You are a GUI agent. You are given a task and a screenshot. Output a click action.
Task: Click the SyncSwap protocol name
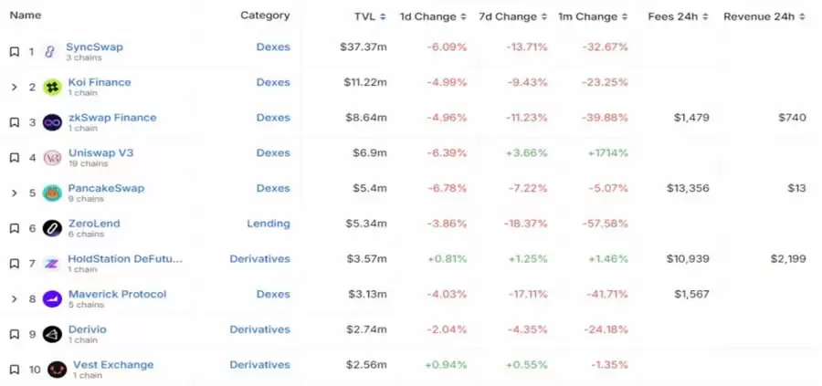[x=94, y=47]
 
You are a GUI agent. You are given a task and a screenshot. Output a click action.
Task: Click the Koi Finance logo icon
[x=52, y=87]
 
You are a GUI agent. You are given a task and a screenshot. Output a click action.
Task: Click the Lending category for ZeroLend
[x=268, y=224]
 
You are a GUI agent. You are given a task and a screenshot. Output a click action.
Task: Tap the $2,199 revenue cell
[x=786, y=259]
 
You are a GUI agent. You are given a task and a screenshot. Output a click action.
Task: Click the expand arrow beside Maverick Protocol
[x=14, y=298]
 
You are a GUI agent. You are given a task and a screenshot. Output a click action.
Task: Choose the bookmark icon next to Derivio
[x=14, y=334]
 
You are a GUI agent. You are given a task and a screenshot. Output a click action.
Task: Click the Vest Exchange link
[x=113, y=365]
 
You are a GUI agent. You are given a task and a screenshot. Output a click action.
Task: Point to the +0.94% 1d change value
[x=447, y=365]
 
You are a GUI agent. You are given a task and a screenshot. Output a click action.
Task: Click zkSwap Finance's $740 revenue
[x=792, y=118]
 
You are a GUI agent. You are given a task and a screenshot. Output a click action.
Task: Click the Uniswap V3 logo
[x=52, y=158]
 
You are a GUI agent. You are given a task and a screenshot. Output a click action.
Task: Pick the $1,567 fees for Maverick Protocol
[x=691, y=294]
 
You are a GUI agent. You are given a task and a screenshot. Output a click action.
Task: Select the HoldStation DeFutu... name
[x=125, y=259]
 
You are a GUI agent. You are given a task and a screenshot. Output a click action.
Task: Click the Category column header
[x=265, y=16]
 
